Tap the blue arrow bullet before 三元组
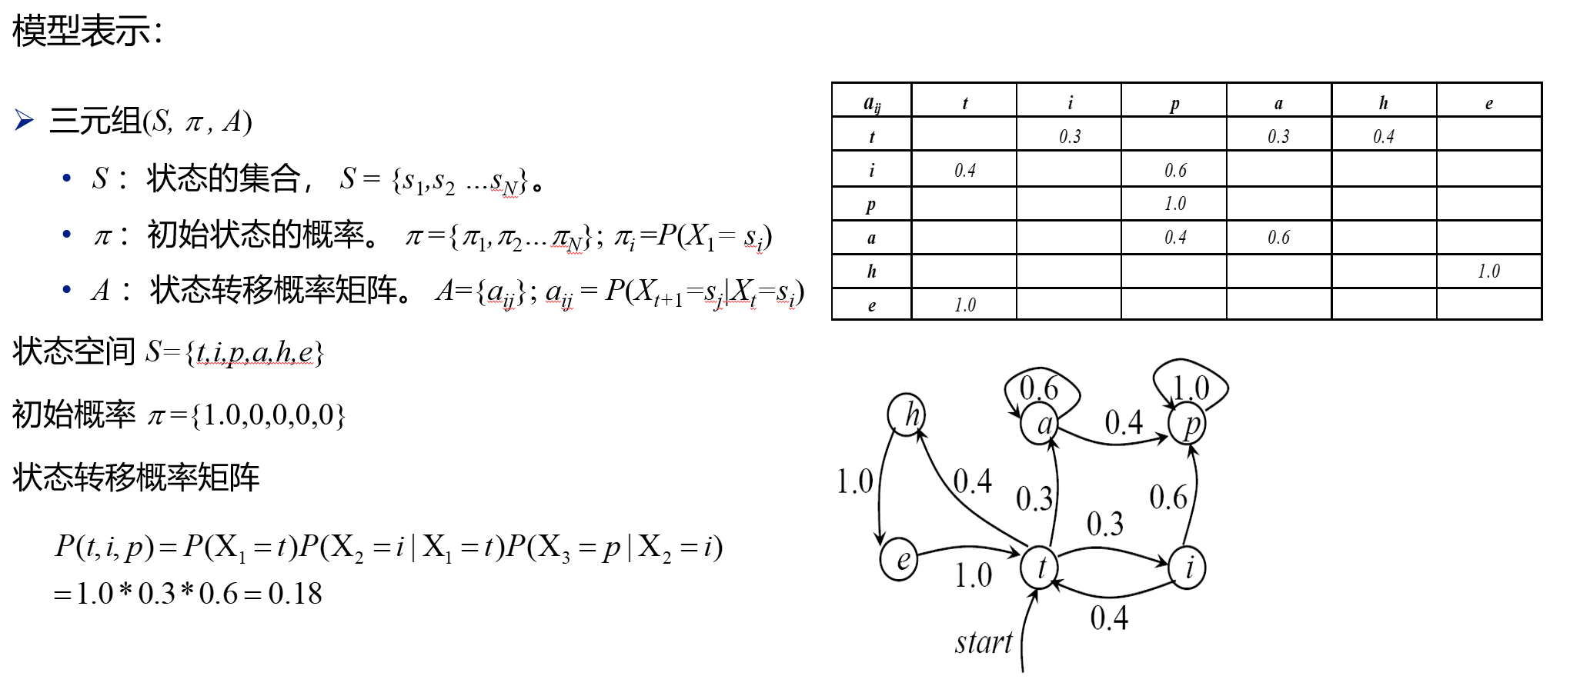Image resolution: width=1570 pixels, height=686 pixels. tap(24, 121)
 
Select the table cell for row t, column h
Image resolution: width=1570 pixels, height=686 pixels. tap(1383, 136)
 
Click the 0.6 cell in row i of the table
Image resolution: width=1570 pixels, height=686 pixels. tap(1174, 170)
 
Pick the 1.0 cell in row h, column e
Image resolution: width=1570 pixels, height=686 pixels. tap(1488, 271)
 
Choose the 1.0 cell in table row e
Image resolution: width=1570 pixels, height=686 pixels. tap(964, 305)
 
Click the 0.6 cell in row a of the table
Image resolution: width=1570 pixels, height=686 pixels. tap(1278, 237)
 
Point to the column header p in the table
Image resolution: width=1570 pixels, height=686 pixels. tap(1174, 103)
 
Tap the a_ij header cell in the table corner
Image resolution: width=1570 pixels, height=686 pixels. tap(871, 103)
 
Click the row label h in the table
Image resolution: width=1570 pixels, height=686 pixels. tap(871, 271)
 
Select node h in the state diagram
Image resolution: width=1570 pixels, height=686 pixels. tap(907, 415)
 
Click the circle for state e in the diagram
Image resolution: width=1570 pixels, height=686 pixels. tap(899, 559)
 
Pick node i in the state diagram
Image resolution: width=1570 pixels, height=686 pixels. tap(1188, 568)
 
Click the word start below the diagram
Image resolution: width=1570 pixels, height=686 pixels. tap(983, 642)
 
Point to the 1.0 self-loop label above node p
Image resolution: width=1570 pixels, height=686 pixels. tap(1191, 388)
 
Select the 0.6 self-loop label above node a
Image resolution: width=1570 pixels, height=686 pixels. tap(1039, 388)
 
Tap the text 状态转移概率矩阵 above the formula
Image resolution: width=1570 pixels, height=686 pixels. tap(136, 477)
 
